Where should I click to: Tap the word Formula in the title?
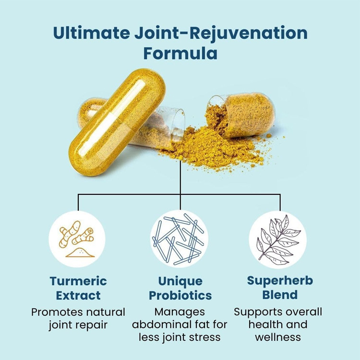[x=180, y=53]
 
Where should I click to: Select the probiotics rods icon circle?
[x=180, y=239]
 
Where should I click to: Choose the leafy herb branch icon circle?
[x=277, y=239]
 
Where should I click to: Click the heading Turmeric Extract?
[x=78, y=288]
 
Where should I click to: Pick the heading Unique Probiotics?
[x=180, y=288]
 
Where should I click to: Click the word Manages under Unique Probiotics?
[x=180, y=312]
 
